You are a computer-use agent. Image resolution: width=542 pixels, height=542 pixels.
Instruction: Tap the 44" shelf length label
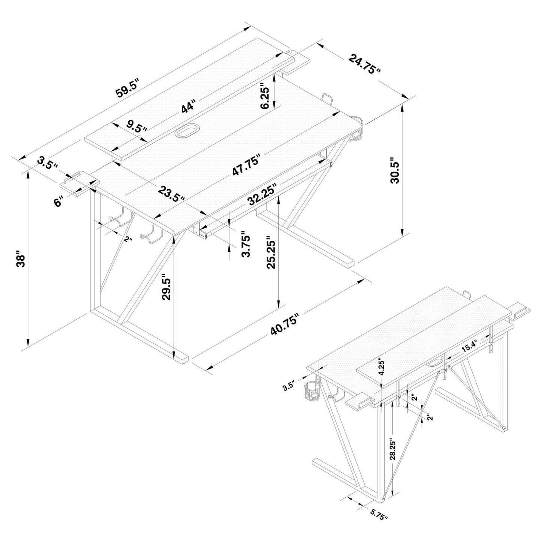[188, 106]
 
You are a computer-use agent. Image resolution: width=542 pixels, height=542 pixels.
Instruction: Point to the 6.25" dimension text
[265, 96]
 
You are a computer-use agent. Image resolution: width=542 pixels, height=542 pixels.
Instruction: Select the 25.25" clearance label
[270, 252]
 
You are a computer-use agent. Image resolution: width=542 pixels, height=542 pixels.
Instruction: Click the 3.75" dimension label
[246, 244]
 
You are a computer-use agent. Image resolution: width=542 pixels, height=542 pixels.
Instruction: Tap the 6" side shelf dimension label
[58, 202]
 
